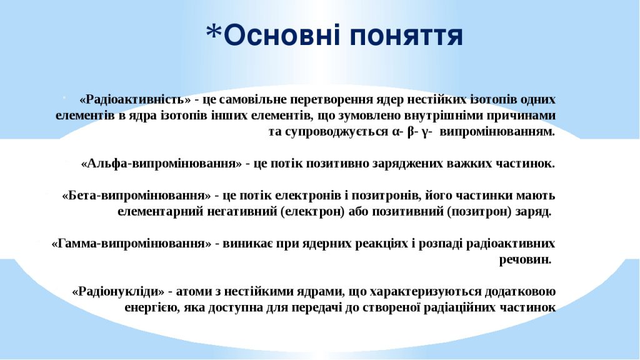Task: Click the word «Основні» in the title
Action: click(282, 36)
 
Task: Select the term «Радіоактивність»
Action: click(135, 99)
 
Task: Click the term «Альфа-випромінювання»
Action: click(161, 164)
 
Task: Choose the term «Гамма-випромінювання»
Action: click(131, 243)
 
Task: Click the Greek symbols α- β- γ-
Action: click(413, 132)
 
